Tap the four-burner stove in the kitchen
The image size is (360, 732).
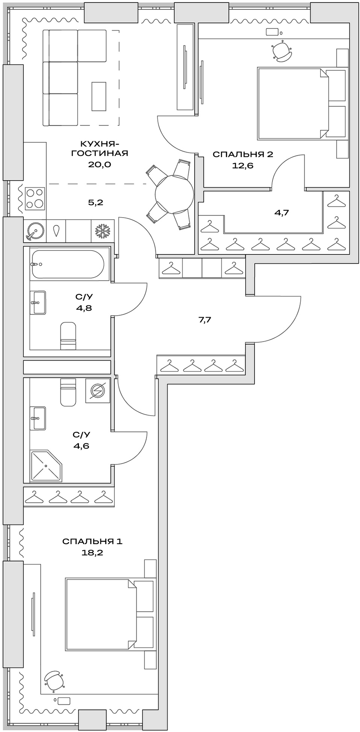[35, 198]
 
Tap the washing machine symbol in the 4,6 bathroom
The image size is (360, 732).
[98, 391]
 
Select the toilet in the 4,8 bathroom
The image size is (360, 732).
[68, 335]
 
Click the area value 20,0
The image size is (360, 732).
[100, 165]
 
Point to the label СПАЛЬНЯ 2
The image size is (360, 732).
[243, 154]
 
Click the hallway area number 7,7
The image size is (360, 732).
[205, 320]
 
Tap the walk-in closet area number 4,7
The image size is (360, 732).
[281, 212]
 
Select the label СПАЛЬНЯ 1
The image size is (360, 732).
[92, 541]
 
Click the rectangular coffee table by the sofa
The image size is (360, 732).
[98, 94]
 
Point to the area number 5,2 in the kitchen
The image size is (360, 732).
[96, 202]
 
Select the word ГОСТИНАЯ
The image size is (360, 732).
[100, 153]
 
